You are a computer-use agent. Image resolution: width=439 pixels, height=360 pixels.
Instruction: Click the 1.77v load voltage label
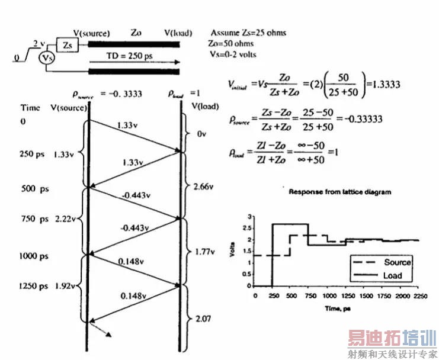coord(204,252)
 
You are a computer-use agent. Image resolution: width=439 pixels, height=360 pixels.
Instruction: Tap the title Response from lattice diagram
coord(339,192)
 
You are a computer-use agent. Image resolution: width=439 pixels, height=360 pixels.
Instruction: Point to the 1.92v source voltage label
coord(65,285)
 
